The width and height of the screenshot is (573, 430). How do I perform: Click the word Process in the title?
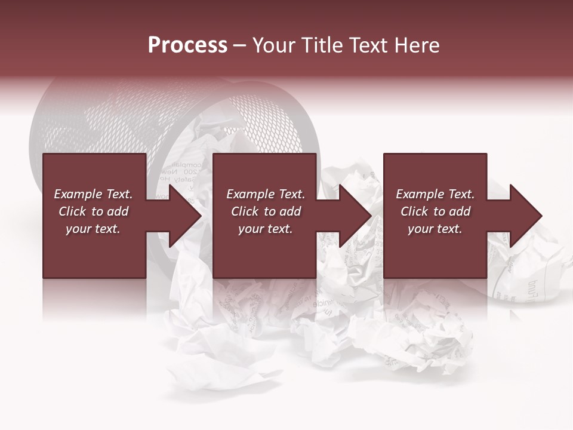pos(187,45)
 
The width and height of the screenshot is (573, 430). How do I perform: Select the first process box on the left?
pos(94,251)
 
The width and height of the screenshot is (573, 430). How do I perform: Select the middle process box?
pos(264,251)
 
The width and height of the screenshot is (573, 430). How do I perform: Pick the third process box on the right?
pos(435,251)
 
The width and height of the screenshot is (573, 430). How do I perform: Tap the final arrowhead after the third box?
pos(525,216)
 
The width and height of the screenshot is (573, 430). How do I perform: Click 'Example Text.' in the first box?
pos(93,194)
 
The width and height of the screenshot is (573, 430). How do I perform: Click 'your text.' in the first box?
pos(93,229)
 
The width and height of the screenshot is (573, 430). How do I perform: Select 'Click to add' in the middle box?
pos(266,211)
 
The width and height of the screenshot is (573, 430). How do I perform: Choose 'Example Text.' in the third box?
pos(435,194)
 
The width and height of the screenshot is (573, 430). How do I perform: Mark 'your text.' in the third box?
pos(435,229)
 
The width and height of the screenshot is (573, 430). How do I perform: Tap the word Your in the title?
pos(273,45)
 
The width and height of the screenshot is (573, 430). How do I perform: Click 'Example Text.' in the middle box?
pos(266,194)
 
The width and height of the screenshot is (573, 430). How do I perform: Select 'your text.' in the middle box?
pos(266,229)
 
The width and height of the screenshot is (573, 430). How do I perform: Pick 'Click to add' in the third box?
pos(435,211)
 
